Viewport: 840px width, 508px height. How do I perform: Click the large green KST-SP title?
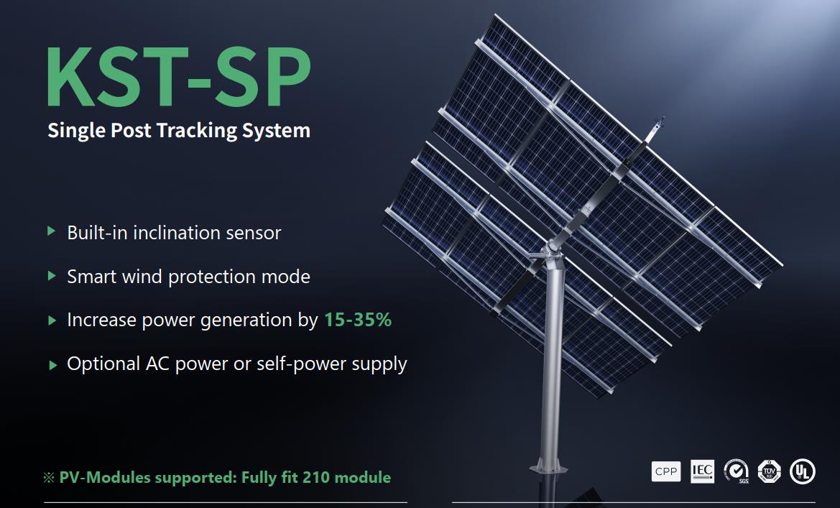178,77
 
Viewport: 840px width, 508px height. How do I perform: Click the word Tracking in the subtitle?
196,130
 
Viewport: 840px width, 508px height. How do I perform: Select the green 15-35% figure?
358,320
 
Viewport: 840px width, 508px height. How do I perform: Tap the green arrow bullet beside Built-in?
52,231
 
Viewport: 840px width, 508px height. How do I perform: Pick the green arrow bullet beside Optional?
52,365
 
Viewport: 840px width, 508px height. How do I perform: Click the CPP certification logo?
666,471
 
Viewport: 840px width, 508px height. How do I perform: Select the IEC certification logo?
702,471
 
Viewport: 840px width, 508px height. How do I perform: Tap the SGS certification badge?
736,471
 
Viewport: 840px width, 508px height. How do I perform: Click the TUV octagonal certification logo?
770,471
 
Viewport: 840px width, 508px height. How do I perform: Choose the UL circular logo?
802,471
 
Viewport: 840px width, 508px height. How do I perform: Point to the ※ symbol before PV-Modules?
49,477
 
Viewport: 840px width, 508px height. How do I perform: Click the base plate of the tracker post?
548,466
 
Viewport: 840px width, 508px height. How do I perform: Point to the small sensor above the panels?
656,129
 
